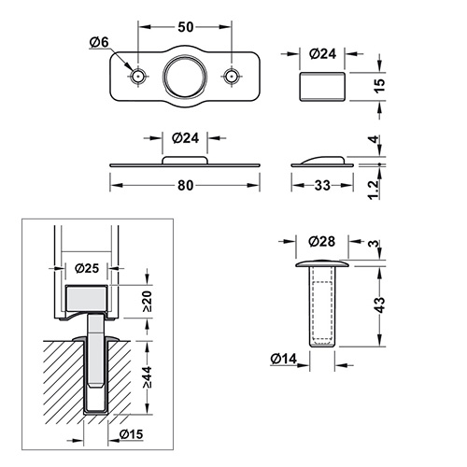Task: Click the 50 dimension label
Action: (x=186, y=27)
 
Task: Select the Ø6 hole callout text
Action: (x=99, y=42)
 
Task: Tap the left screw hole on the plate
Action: (x=138, y=76)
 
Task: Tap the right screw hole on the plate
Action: (x=232, y=76)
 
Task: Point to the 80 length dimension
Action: (x=186, y=186)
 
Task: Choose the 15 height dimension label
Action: (x=379, y=85)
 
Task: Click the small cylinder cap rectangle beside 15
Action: (x=322, y=87)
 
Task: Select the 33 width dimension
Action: (x=322, y=186)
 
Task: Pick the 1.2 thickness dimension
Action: (x=374, y=189)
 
